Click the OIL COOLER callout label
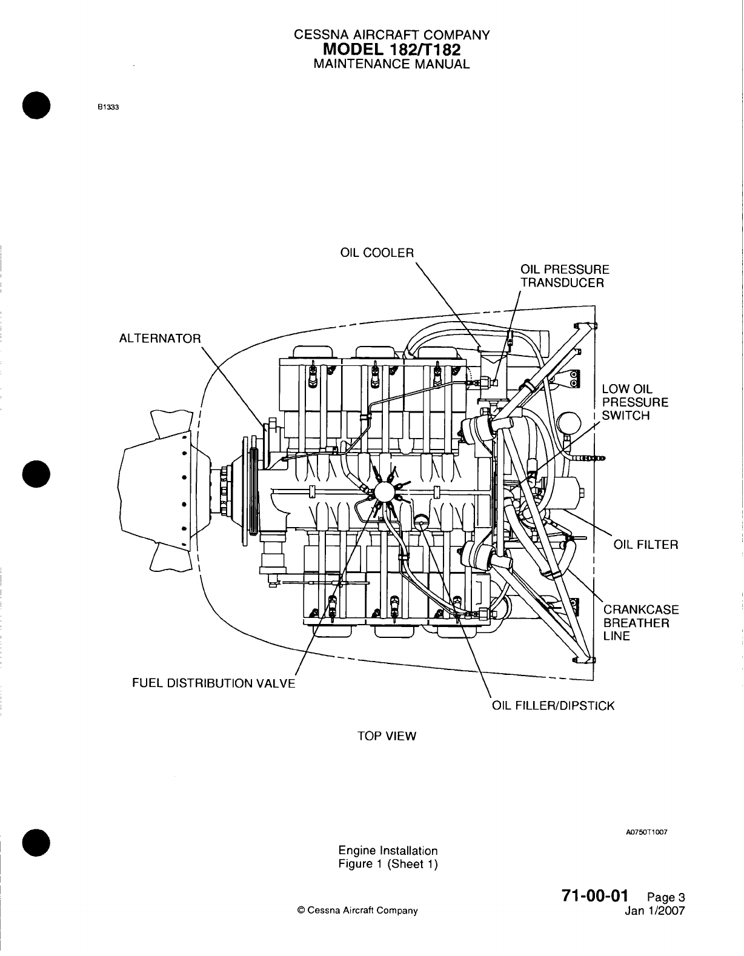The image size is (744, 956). pyautogui.click(x=376, y=253)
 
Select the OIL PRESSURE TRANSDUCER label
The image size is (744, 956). pyautogui.click(x=565, y=276)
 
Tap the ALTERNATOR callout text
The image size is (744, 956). pyautogui.click(x=160, y=338)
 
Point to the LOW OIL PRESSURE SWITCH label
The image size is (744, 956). pyautogui.click(x=635, y=402)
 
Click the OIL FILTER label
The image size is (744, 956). pyautogui.click(x=646, y=544)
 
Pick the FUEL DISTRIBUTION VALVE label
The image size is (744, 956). pyautogui.click(x=214, y=683)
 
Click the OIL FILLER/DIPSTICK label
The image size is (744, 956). pyautogui.click(x=553, y=706)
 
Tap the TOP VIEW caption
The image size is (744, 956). pyautogui.click(x=387, y=736)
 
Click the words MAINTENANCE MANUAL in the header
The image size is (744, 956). pyautogui.click(x=391, y=64)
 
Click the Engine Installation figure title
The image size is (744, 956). pyautogui.click(x=388, y=851)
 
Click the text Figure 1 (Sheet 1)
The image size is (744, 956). pyautogui.click(x=388, y=864)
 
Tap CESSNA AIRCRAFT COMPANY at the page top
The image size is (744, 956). pyautogui.click(x=391, y=35)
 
